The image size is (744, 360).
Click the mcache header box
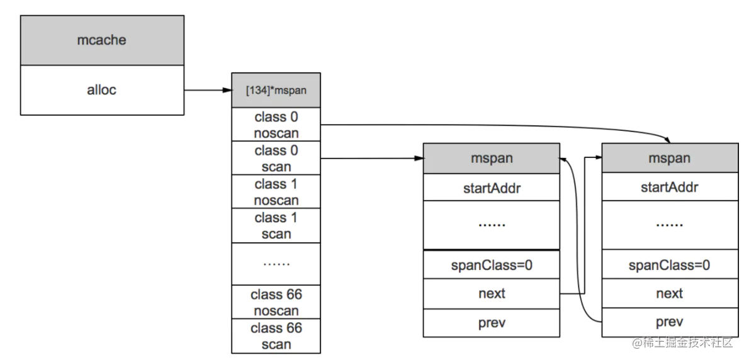102,40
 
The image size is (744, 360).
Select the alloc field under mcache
102,90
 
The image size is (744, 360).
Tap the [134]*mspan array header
276,90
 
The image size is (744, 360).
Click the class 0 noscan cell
276,124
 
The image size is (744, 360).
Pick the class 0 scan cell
276,158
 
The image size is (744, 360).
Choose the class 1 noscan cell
276,191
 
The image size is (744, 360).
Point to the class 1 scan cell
276,226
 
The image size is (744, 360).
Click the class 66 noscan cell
276,302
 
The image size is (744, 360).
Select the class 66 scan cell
276,336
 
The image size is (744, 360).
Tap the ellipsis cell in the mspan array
276,264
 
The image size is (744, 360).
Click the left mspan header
492,159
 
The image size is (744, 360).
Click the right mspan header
670,159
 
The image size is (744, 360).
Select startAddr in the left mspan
492,188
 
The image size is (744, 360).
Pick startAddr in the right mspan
670,188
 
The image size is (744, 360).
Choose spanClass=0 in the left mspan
492,265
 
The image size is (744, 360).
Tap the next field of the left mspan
492,293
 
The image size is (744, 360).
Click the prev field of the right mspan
670,322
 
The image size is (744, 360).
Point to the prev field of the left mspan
492,323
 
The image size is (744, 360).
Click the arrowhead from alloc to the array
227,90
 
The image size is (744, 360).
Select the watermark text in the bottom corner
682,342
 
